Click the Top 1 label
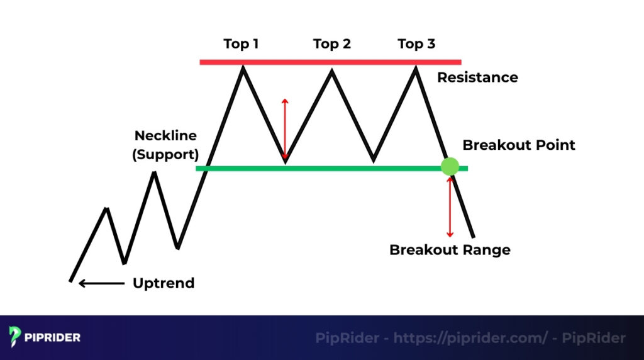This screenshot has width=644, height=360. tap(241, 44)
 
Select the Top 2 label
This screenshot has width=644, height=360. tap(331, 44)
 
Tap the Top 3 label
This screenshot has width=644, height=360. tap(416, 44)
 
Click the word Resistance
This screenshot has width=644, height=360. tap(477, 77)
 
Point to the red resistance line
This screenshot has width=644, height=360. tap(330, 62)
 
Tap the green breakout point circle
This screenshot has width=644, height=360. tap(450, 167)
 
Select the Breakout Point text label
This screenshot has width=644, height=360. tap(519, 145)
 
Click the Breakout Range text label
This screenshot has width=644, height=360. tap(450, 250)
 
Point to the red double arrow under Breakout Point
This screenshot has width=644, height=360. tap(450, 206)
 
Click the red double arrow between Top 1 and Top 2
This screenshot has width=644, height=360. tap(285, 129)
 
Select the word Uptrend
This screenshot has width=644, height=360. tap(164, 283)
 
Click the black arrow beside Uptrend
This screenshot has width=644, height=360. tap(101, 283)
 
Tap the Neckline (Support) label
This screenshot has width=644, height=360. tap(165, 145)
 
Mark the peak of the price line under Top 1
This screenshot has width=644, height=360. tap(243, 67)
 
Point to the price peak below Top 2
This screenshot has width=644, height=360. tap(331, 69)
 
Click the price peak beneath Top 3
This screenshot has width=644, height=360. tap(415, 67)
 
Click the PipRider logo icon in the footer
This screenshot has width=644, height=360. tap(16, 337)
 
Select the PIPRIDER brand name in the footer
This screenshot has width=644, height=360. tap(53, 338)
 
